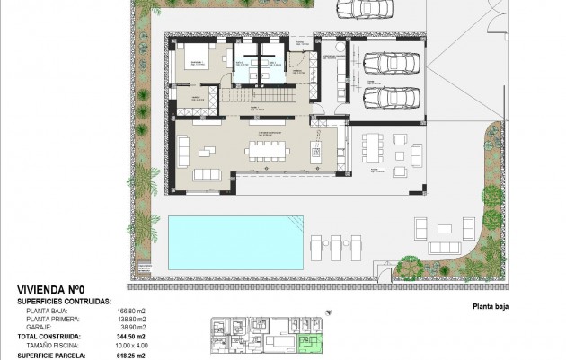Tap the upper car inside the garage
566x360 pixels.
(x=387, y=64)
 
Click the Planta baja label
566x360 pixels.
(x=491, y=306)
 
